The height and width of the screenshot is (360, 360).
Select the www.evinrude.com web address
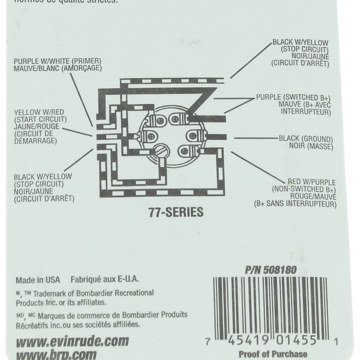(72, 340)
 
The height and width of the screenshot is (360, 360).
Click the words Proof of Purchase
(273, 354)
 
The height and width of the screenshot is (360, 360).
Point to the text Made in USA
(38, 279)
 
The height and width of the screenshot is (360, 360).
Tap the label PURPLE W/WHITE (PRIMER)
(58, 61)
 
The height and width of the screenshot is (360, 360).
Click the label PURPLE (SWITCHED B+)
(293, 97)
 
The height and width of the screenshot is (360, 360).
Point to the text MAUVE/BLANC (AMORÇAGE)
(58, 68)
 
